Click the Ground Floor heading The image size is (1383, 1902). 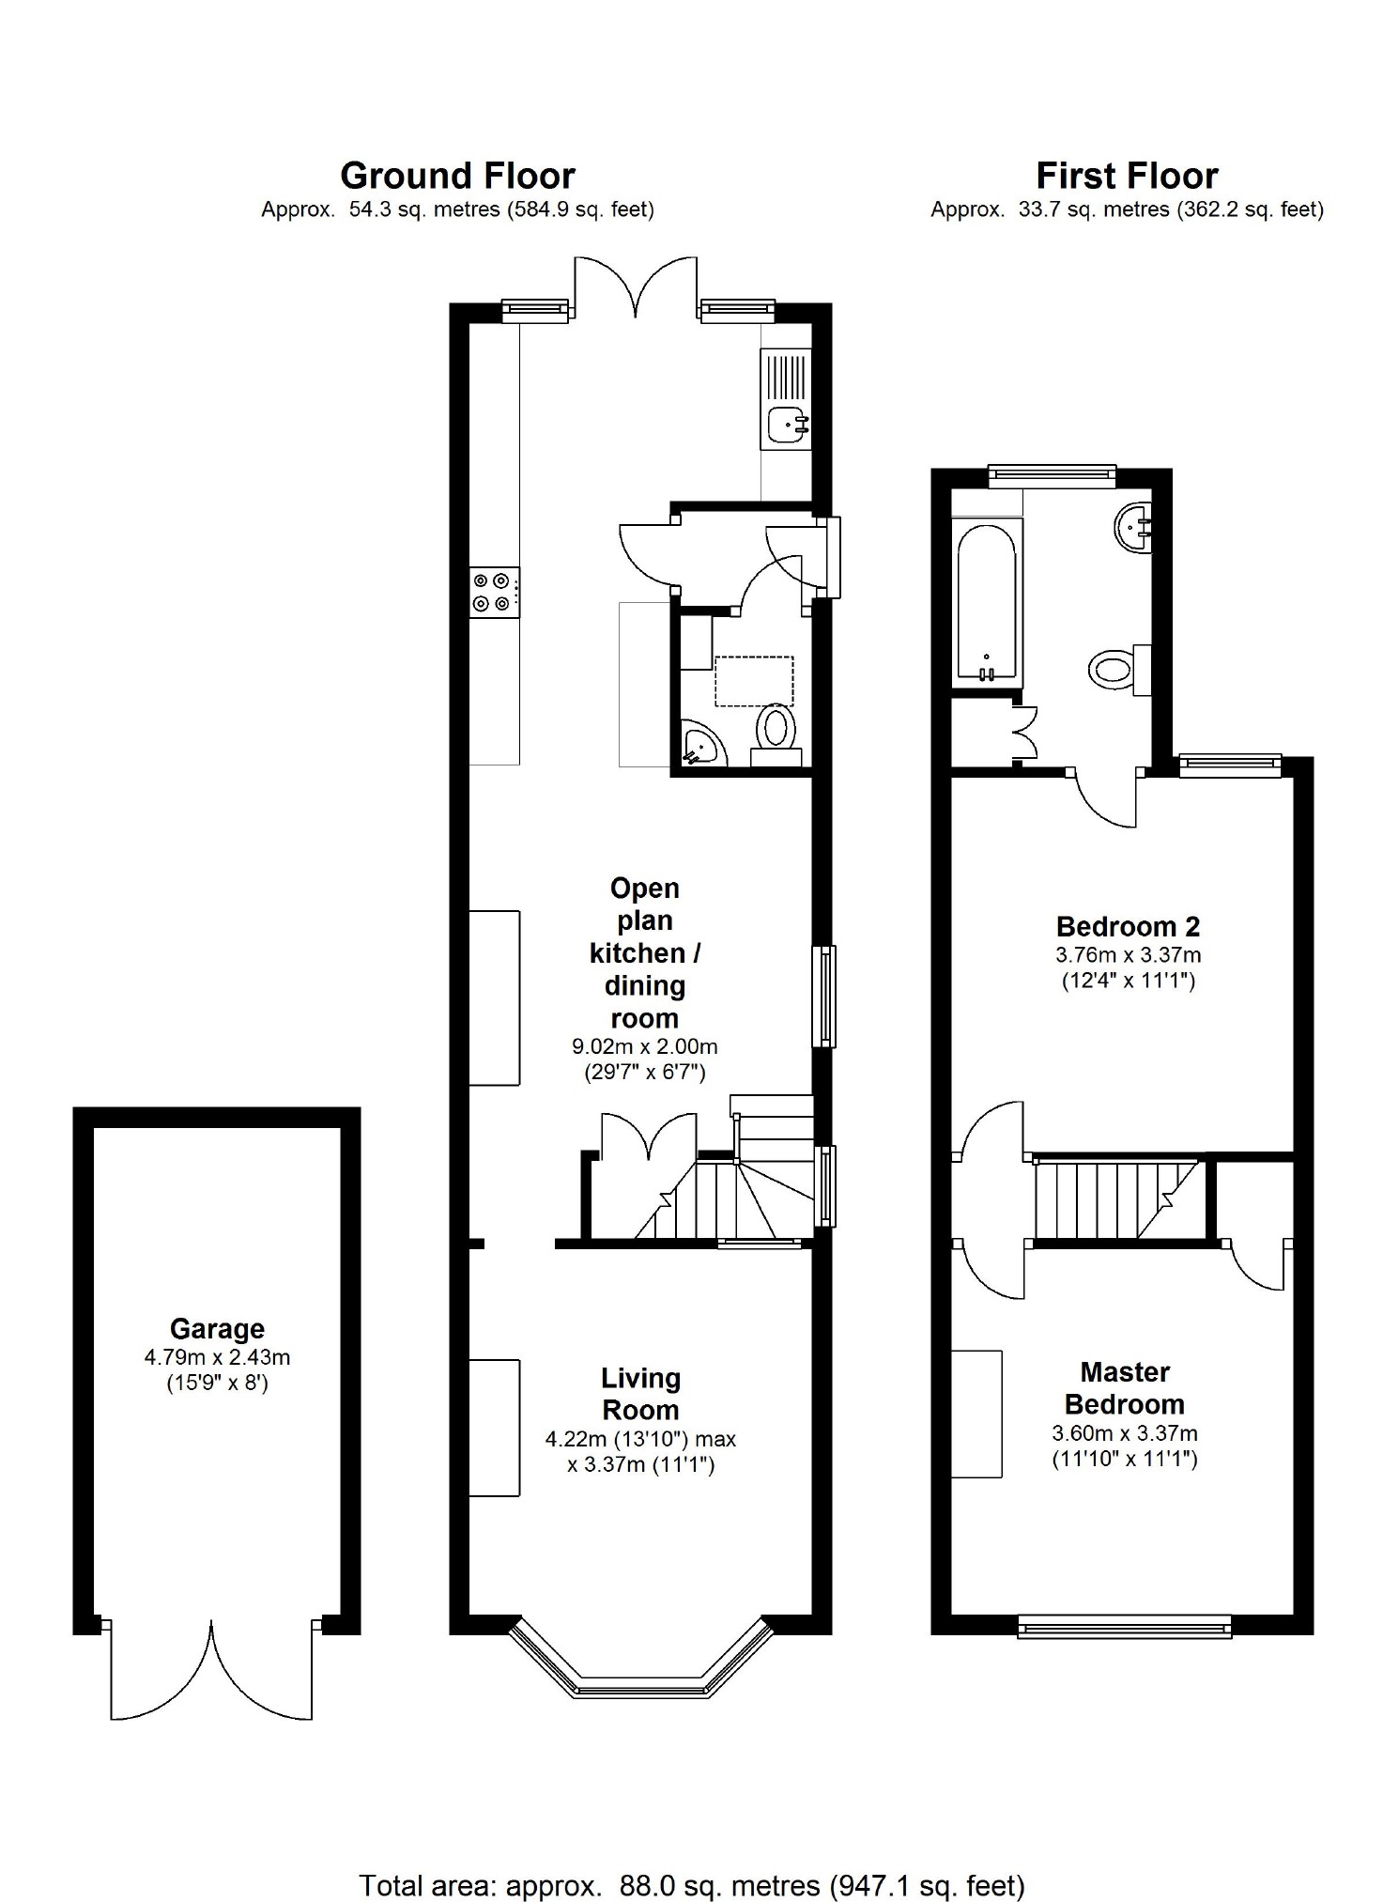tap(457, 176)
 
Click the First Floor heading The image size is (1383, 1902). tap(1127, 176)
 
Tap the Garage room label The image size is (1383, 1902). tap(217, 1329)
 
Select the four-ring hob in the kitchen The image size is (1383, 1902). tap(495, 594)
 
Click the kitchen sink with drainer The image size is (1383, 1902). tap(786, 399)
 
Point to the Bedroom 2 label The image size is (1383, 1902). tap(1128, 927)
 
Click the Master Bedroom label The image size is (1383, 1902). tap(1125, 1388)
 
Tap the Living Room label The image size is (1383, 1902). tap(641, 1394)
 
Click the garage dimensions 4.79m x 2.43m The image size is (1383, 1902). tap(217, 1357)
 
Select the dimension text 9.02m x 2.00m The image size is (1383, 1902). tap(645, 1046)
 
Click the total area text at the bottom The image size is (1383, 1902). tap(692, 1860)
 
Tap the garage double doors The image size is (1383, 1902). tap(211, 1670)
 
